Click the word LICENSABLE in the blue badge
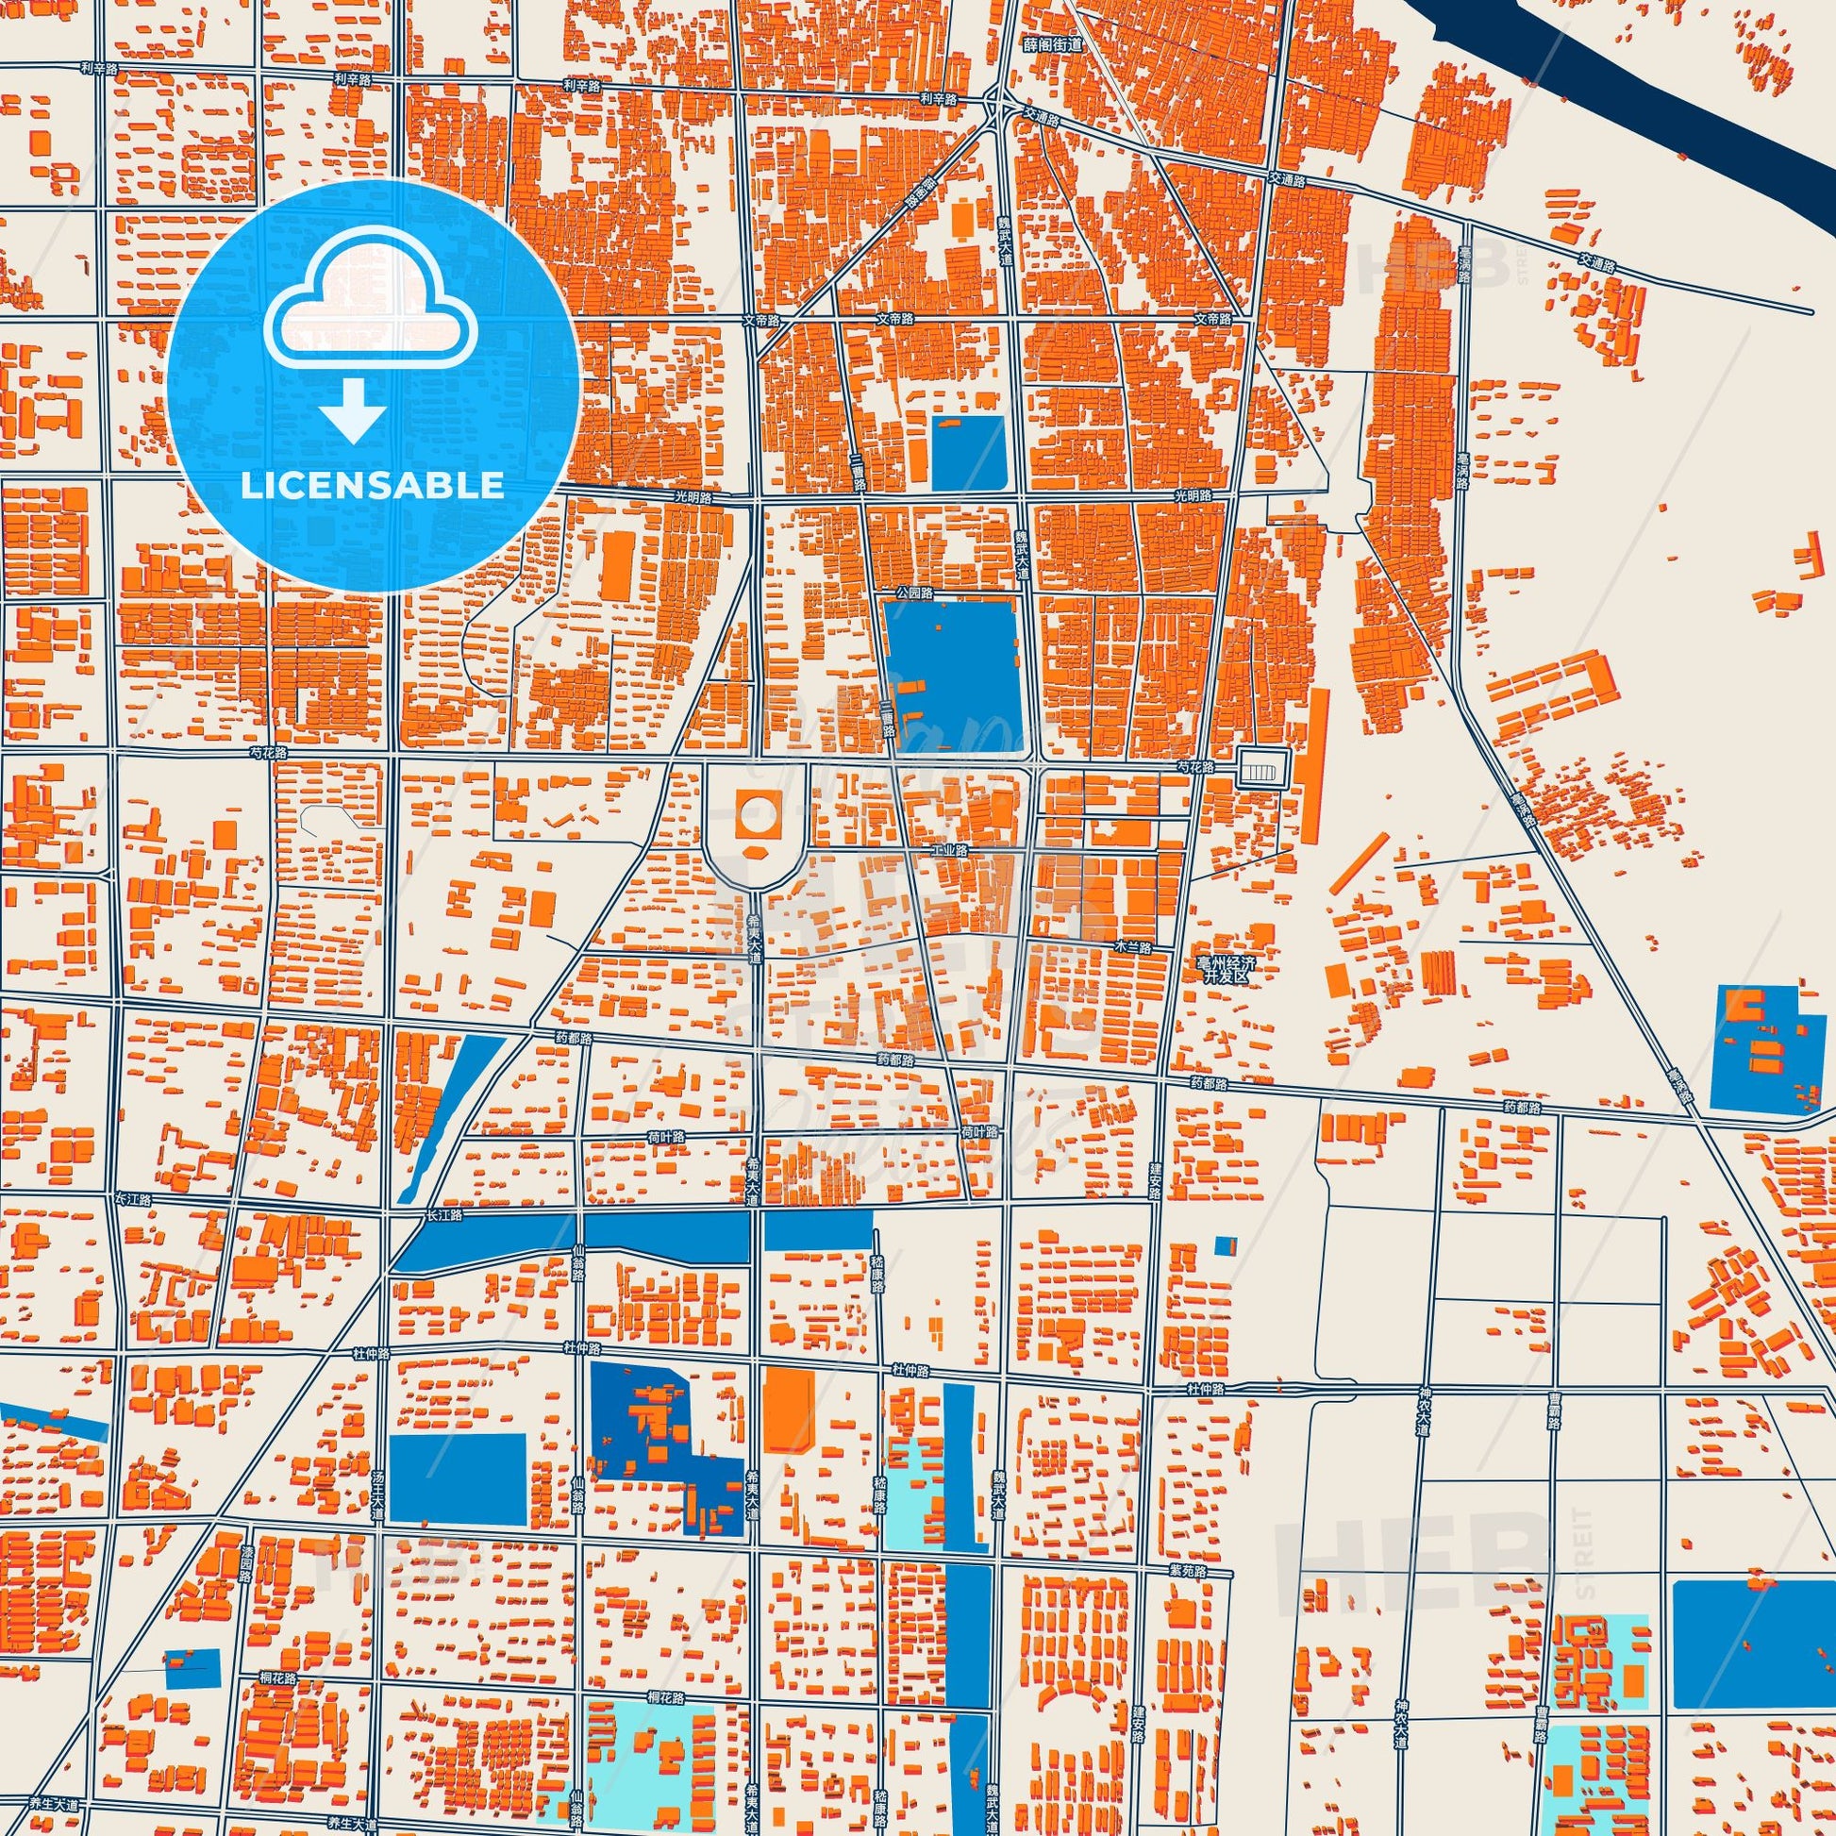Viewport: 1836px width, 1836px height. [372, 486]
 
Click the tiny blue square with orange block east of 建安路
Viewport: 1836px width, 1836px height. [1227, 1243]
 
